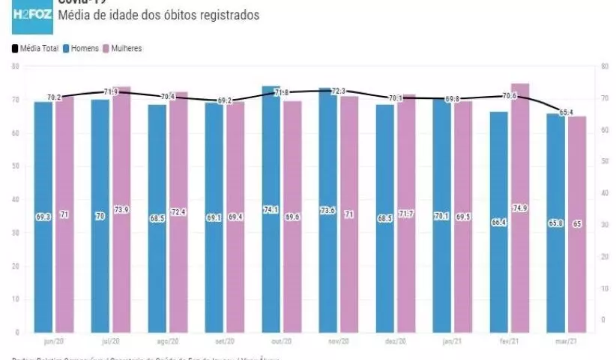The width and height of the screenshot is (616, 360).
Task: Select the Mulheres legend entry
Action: pyautogui.click(x=123, y=49)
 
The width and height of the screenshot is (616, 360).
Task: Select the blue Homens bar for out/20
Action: pyautogui.click(x=271, y=210)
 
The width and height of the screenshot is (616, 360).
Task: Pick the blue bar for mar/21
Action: pyautogui.click(x=555, y=225)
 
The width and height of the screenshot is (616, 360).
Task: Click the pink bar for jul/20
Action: pyautogui.click(x=121, y=210)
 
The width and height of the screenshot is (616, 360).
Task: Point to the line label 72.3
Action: pyautogui.click(x=338, y=91)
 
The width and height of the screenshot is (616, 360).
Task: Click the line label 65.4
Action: pyautogui.click(x=567, y=112)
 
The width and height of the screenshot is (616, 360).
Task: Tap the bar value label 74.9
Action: pyautogui.click(x=520, y=208)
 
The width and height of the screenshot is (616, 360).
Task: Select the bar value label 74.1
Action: pyautogui.click(x=271, y=209)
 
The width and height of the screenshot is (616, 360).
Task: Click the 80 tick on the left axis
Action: pyautogui.click(x=15, y=67)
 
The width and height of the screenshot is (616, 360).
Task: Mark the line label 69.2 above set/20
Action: pyautogui.click(x=224, y=100)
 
